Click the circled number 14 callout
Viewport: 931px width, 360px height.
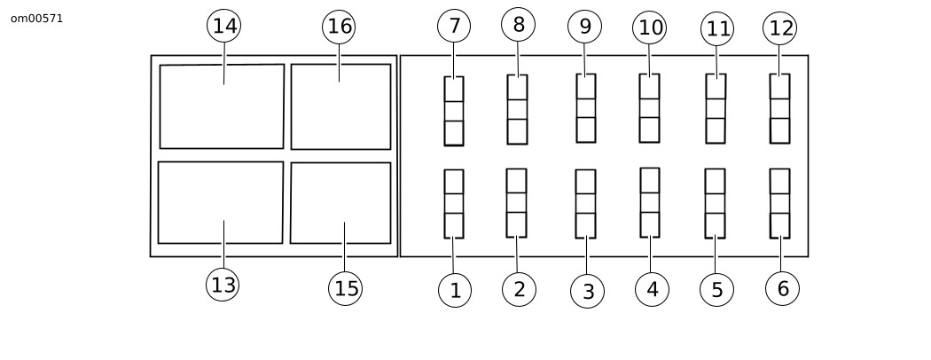pyautogui.click(x=223, y=26)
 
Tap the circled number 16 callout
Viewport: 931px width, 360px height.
pyautogui.click(x=339, y=27)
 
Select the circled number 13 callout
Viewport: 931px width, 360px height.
pyautogui.click(x=223, y=285)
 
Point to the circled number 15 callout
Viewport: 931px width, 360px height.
pyautogui.click(x=346, y=289)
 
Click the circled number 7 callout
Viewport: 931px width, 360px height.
pyautogui.click(x=454, y=26)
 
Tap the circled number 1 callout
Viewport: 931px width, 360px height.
pyautogui.click(x=455, y=291)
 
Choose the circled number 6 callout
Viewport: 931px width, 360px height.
pyautogui.click(x=782, y=289)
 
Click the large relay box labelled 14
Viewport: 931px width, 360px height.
pyautogui.click(x=222, y=106)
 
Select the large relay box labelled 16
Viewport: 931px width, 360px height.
pyautogui.click(x=340, y=107)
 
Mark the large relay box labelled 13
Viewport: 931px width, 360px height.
pyautogui.click(x=221, y=202)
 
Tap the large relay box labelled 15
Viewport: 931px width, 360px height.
pyautogui.click(x=340, y=203)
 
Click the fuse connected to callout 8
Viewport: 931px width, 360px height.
pyautogui.click(x=517, y=109)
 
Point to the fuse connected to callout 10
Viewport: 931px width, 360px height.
pyautogui.click(x=650, y=108)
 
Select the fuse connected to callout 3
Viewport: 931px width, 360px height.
pyautogui.click(x=585, y=204)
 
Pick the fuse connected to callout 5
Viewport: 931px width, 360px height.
pyautogui.click(x=715, y=204)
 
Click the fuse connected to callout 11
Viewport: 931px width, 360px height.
pyautogui.click(x=716, y=109)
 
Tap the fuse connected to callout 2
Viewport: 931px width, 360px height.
pyautogui.click(x=517, y=203)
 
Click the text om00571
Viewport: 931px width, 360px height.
pyautogui.click(x=37, y=19)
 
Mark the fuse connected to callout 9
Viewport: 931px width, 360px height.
pyautogui.click(x=586, y=108)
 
